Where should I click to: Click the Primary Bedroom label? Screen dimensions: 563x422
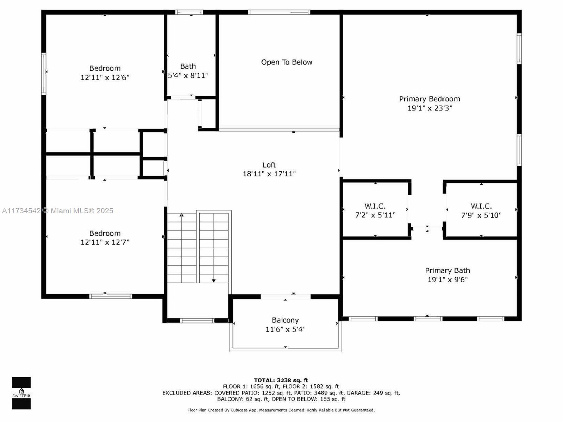[x=429, y=99]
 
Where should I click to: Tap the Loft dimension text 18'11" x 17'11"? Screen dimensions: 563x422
[x=269, y=174]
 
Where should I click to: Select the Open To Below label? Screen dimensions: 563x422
[x=287, y=62]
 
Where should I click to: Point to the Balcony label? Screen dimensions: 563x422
[x=285, y=320]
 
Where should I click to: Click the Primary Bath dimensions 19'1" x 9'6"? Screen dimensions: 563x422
[x=448, y=279]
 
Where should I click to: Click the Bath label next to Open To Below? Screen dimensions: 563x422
[x=188, y=66]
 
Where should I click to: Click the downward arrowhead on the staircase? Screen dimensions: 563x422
[x=214, y=281]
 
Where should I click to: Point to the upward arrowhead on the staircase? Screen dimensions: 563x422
[x=182, y=215]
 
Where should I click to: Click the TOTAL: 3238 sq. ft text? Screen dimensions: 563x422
[x=281, y=380]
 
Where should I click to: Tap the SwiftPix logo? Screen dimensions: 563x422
[x=21, y=393]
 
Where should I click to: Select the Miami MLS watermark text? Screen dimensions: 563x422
[x=58, y=211]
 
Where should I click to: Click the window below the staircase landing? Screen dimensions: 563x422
[x=197, y=320]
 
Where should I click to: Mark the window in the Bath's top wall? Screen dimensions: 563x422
[x=189, y=12]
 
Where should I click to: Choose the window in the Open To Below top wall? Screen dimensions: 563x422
[x=279, y=12]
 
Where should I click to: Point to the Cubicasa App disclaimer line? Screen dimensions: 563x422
[x=281, y=410]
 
